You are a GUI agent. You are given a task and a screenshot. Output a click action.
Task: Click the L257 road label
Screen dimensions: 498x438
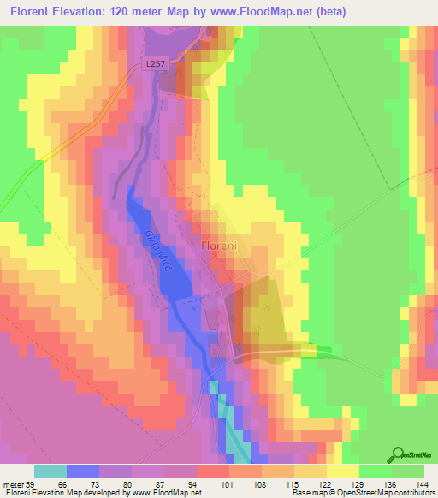coord(156,63)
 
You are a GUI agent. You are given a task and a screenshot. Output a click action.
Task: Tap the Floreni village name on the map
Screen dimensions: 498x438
coord(224,246)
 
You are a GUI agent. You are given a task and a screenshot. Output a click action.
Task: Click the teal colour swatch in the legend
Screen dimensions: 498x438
coord(50,471)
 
